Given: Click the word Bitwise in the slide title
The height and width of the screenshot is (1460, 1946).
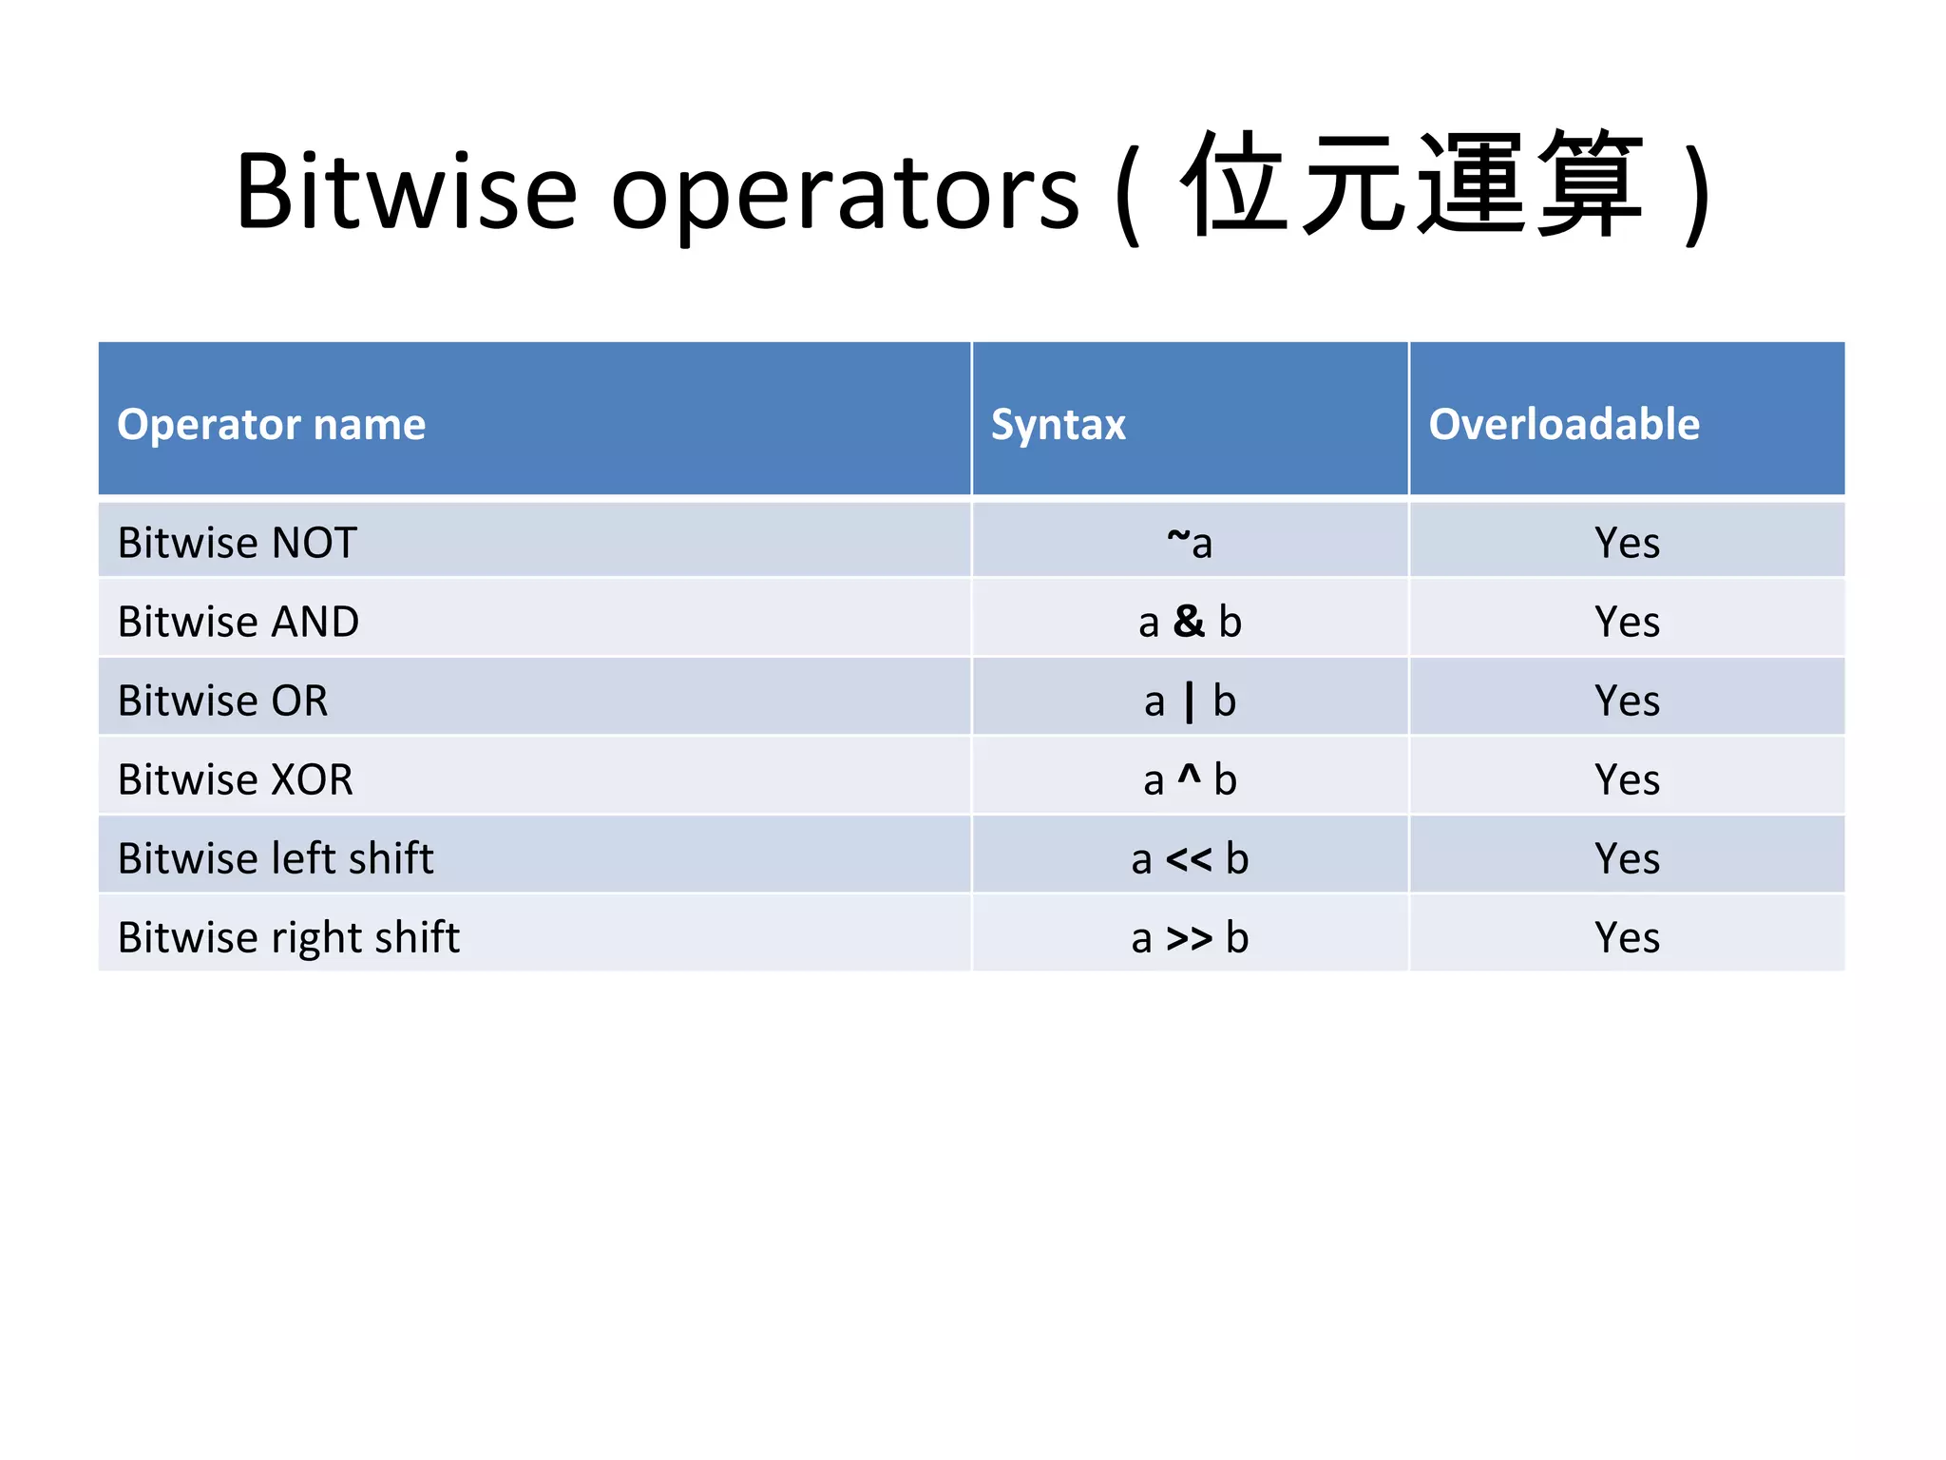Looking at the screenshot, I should click(407, 192).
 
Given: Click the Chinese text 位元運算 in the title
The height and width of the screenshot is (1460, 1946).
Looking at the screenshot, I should click(1412, 185).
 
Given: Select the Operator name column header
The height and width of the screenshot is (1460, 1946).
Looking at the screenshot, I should click(271, 424).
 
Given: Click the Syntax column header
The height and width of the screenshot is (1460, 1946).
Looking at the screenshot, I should click(1058, 424).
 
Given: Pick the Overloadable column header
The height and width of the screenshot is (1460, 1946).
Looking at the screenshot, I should click(1563, 424).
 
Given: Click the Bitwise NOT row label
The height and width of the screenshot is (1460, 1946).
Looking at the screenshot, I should click(237, 543).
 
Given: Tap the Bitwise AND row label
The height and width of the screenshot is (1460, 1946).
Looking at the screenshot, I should click(238, 622).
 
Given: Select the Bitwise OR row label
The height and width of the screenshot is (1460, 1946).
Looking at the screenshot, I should click(222, 701).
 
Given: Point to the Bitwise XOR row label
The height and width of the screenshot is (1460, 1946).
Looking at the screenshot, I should click(235, 779).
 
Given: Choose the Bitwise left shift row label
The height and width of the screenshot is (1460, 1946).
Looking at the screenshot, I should click(276, 858).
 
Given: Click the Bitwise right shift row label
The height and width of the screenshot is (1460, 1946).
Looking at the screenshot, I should click(288, 937).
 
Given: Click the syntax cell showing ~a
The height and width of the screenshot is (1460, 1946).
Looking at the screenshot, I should click(1190, 543).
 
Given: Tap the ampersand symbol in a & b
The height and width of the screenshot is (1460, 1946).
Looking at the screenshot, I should click(1189, 622).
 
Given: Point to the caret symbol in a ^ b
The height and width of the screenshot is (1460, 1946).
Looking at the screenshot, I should click(1189, 775).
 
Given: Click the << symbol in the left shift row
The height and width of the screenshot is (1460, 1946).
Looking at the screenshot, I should click(1189, 859).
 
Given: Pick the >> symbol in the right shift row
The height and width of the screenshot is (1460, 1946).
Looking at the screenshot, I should click(1189, 938).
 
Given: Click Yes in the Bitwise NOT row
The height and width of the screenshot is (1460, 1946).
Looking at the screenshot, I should click(1627, 543).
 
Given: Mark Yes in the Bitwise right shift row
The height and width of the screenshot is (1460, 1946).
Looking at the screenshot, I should click(1627, 937).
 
